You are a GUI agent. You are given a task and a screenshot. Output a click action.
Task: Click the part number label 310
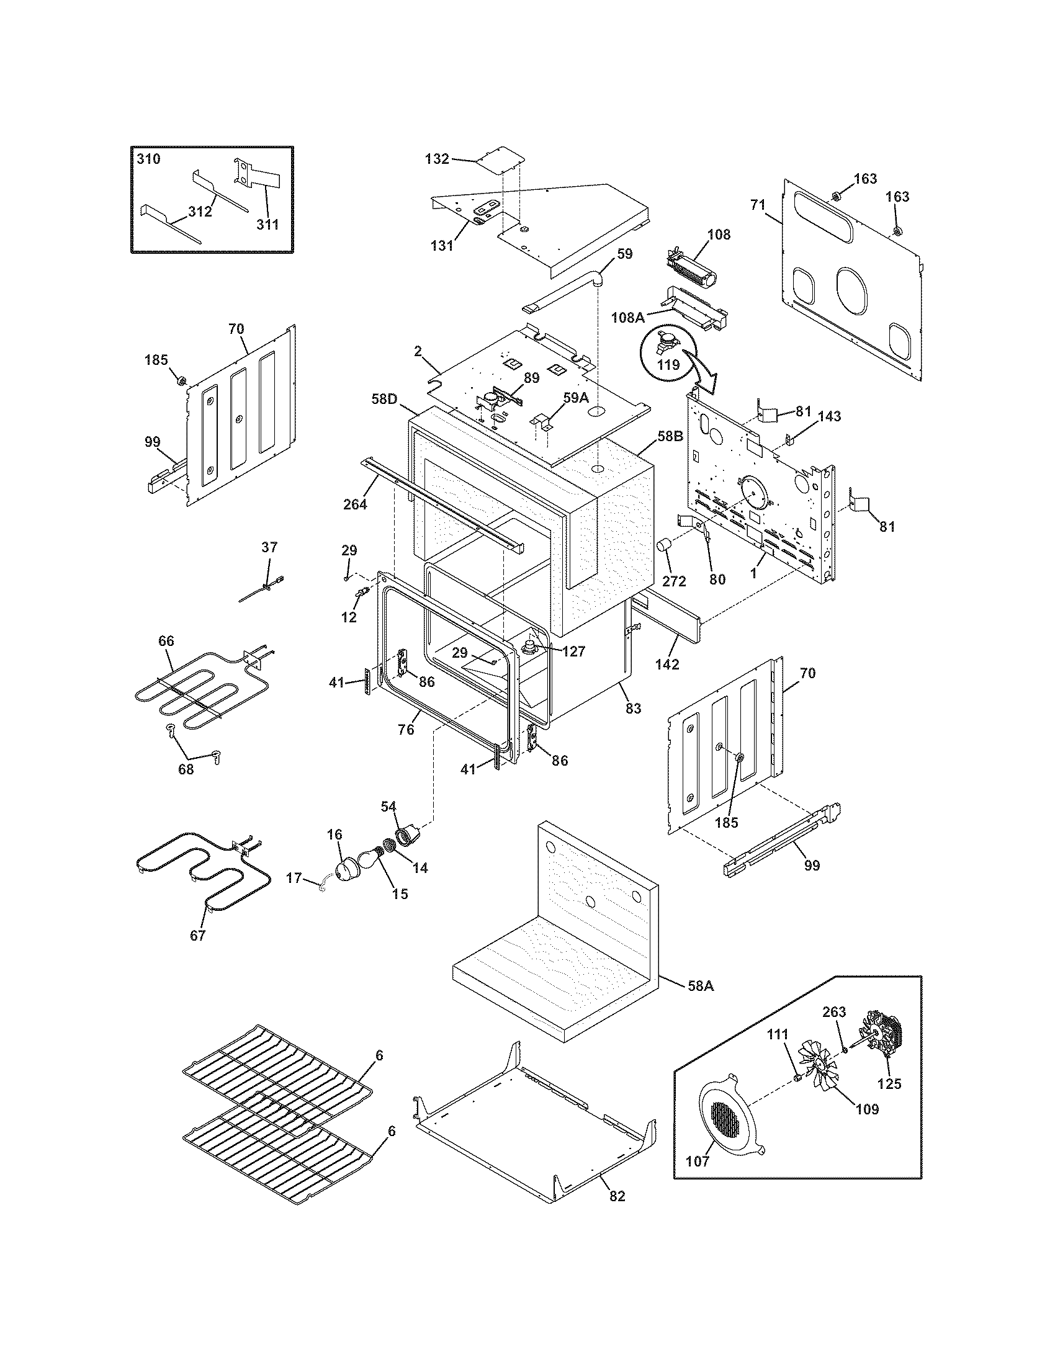coord(149,159)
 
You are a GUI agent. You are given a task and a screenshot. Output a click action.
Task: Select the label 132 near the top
coord(437,159)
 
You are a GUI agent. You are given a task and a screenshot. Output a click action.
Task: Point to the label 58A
coord(700,986)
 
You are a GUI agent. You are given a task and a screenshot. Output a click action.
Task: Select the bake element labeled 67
coord(200,872)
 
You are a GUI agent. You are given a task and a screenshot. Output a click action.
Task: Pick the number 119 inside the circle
coord(668,364)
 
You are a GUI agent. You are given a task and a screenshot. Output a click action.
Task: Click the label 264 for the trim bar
coord(355,504)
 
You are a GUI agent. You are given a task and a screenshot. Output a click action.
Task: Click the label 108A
coord(628,317)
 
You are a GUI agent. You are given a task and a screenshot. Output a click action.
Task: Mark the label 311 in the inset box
coord(267,224)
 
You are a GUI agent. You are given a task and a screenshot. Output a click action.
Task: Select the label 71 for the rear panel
coord(758,204)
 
